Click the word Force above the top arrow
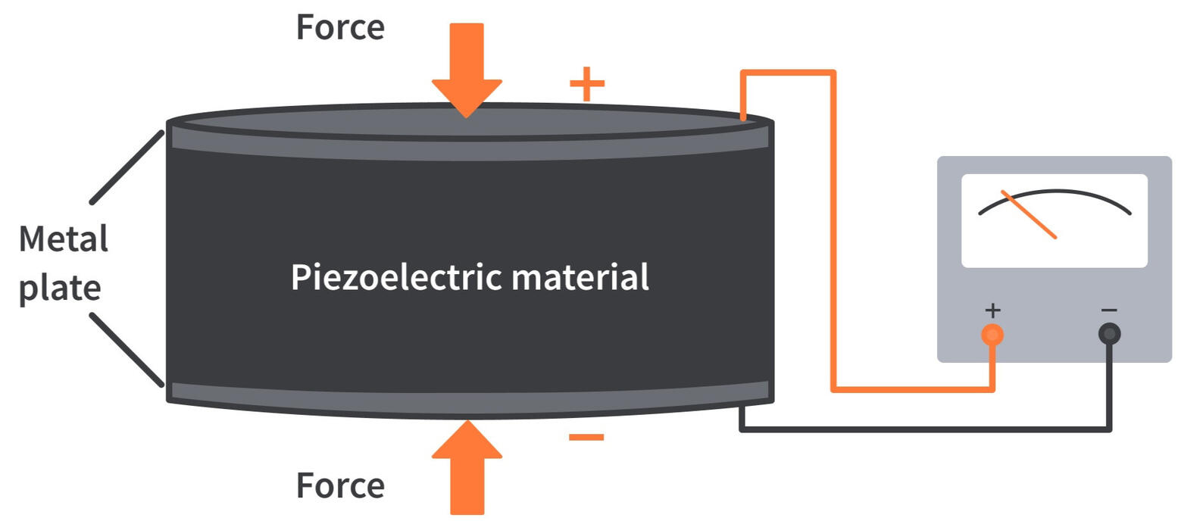point(340,27)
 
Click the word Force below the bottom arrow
point(340,485)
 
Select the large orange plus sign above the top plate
point(587,83)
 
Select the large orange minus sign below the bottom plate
point(586,437)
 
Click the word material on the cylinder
point(580,277)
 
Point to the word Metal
point(64,239)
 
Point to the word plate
point(60,289)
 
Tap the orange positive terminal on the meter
point(992,334)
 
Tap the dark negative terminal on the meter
point(1109,334)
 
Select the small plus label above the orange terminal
point(992,310)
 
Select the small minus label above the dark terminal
point(1109,310)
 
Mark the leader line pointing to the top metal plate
point(127,167)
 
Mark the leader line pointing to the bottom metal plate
point(127,349)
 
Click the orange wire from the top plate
point(833,227)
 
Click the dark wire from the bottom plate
point(924,429)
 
